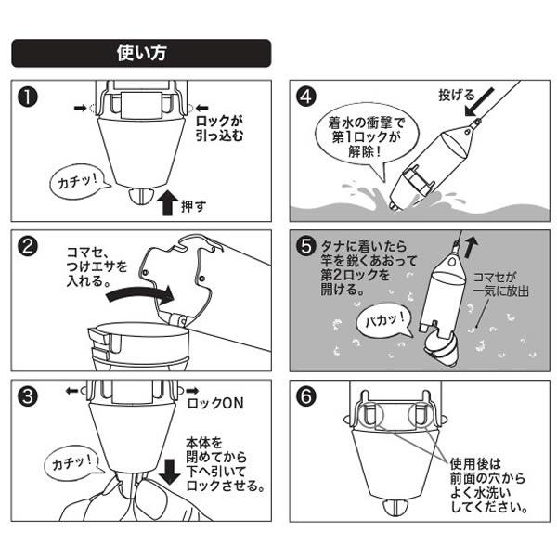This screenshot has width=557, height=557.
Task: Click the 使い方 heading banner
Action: [141, 53]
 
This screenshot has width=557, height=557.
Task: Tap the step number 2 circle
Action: [29, 248]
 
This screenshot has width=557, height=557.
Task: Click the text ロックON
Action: [216, 406]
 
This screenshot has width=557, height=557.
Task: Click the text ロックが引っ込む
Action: [224, 127]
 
